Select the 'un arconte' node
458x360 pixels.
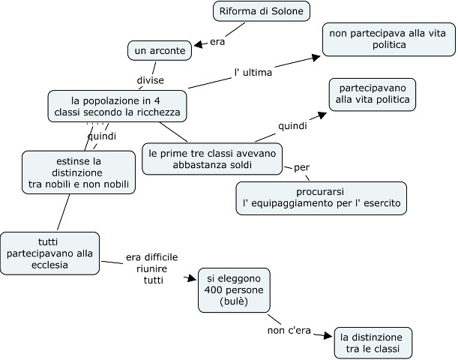coord(159,50)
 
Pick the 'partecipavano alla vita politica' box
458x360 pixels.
coord(373,93)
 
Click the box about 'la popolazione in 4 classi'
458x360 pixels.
coord(116,106)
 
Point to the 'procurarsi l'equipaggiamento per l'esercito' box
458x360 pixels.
coord(321,197)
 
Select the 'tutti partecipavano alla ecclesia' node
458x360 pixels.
coord(49,253)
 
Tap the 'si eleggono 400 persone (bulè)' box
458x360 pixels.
coord(234,289)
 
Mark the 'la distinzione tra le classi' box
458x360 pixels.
coord(374,343)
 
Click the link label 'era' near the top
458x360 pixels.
coord(217,41)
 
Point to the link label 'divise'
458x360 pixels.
coord(150,80)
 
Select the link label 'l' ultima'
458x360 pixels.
coord(253,73)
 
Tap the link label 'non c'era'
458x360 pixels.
coord(288,331)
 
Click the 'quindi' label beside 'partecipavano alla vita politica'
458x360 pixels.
coord(292,125)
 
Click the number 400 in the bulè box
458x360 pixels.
coord(214,289)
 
